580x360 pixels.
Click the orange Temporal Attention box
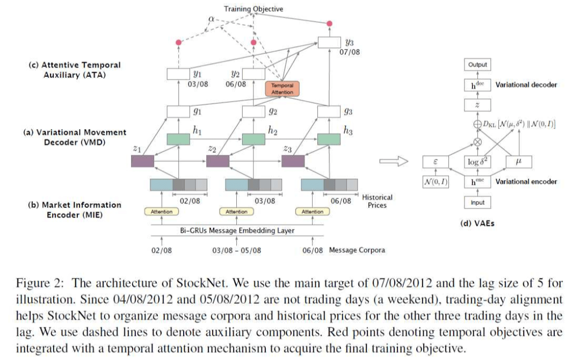[x=282, y=89]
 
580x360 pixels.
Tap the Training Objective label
[x=253, y=9]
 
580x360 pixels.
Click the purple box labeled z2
[x=218, y=160]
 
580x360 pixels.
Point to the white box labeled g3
[x=329, y=112]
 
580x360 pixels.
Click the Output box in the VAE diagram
[x=477, y=64]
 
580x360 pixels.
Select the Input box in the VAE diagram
[x=477, y=203]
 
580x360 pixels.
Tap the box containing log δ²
[x=477, y=161]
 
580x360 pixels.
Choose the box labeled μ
[x=518, y=161]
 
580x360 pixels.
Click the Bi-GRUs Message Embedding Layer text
[x=236, y=231]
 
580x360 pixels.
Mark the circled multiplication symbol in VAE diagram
[x=477, y=142]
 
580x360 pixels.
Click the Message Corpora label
[x=357, y=250]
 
